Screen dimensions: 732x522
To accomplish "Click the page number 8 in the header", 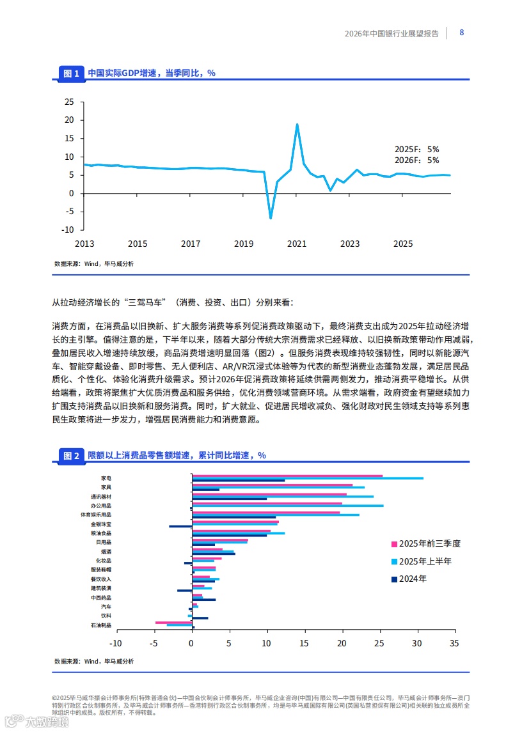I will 462,33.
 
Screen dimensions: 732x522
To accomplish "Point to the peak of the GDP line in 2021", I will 297,125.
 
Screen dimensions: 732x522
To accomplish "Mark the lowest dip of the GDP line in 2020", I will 271,218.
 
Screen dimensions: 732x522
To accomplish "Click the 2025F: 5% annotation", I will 416,149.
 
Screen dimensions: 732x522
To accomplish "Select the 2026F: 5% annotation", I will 416,160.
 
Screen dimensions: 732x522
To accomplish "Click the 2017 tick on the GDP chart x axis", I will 191,244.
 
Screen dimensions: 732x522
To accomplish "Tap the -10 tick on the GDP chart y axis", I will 68,230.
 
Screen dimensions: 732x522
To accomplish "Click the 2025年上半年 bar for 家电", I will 307,478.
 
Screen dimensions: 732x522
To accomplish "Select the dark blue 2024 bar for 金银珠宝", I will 180,526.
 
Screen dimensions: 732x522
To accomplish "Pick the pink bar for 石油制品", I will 174,622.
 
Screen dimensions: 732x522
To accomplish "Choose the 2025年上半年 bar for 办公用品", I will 288,506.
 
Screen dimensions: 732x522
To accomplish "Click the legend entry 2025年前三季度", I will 425,544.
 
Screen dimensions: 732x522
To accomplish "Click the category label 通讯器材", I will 102,496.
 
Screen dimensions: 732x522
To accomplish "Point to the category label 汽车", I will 106,606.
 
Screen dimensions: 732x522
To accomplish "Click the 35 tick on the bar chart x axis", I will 454,643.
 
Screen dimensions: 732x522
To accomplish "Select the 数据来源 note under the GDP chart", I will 94,263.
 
